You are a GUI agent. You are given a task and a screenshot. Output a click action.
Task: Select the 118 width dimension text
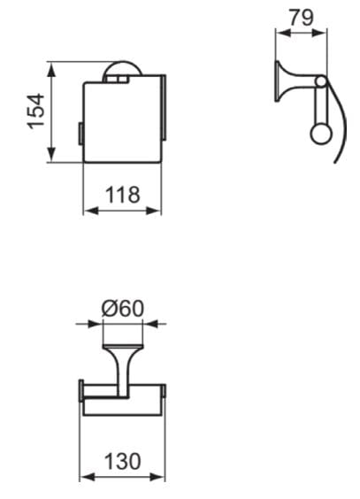tap(123, 195)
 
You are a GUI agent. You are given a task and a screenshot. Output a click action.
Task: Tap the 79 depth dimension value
tap(301, 18)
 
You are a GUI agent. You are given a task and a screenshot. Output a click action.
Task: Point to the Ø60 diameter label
tap(124, 309)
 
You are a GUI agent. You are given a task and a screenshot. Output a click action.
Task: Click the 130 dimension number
tap(123, 461)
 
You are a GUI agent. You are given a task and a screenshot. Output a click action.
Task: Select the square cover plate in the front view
tap(122, 121)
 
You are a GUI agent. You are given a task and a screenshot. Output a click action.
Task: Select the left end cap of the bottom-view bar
tap(82, 395)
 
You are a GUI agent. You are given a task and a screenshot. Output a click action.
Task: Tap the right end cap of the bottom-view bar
tap(165, 395)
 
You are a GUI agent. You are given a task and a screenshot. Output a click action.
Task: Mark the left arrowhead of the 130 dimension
tap(85, 478)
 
